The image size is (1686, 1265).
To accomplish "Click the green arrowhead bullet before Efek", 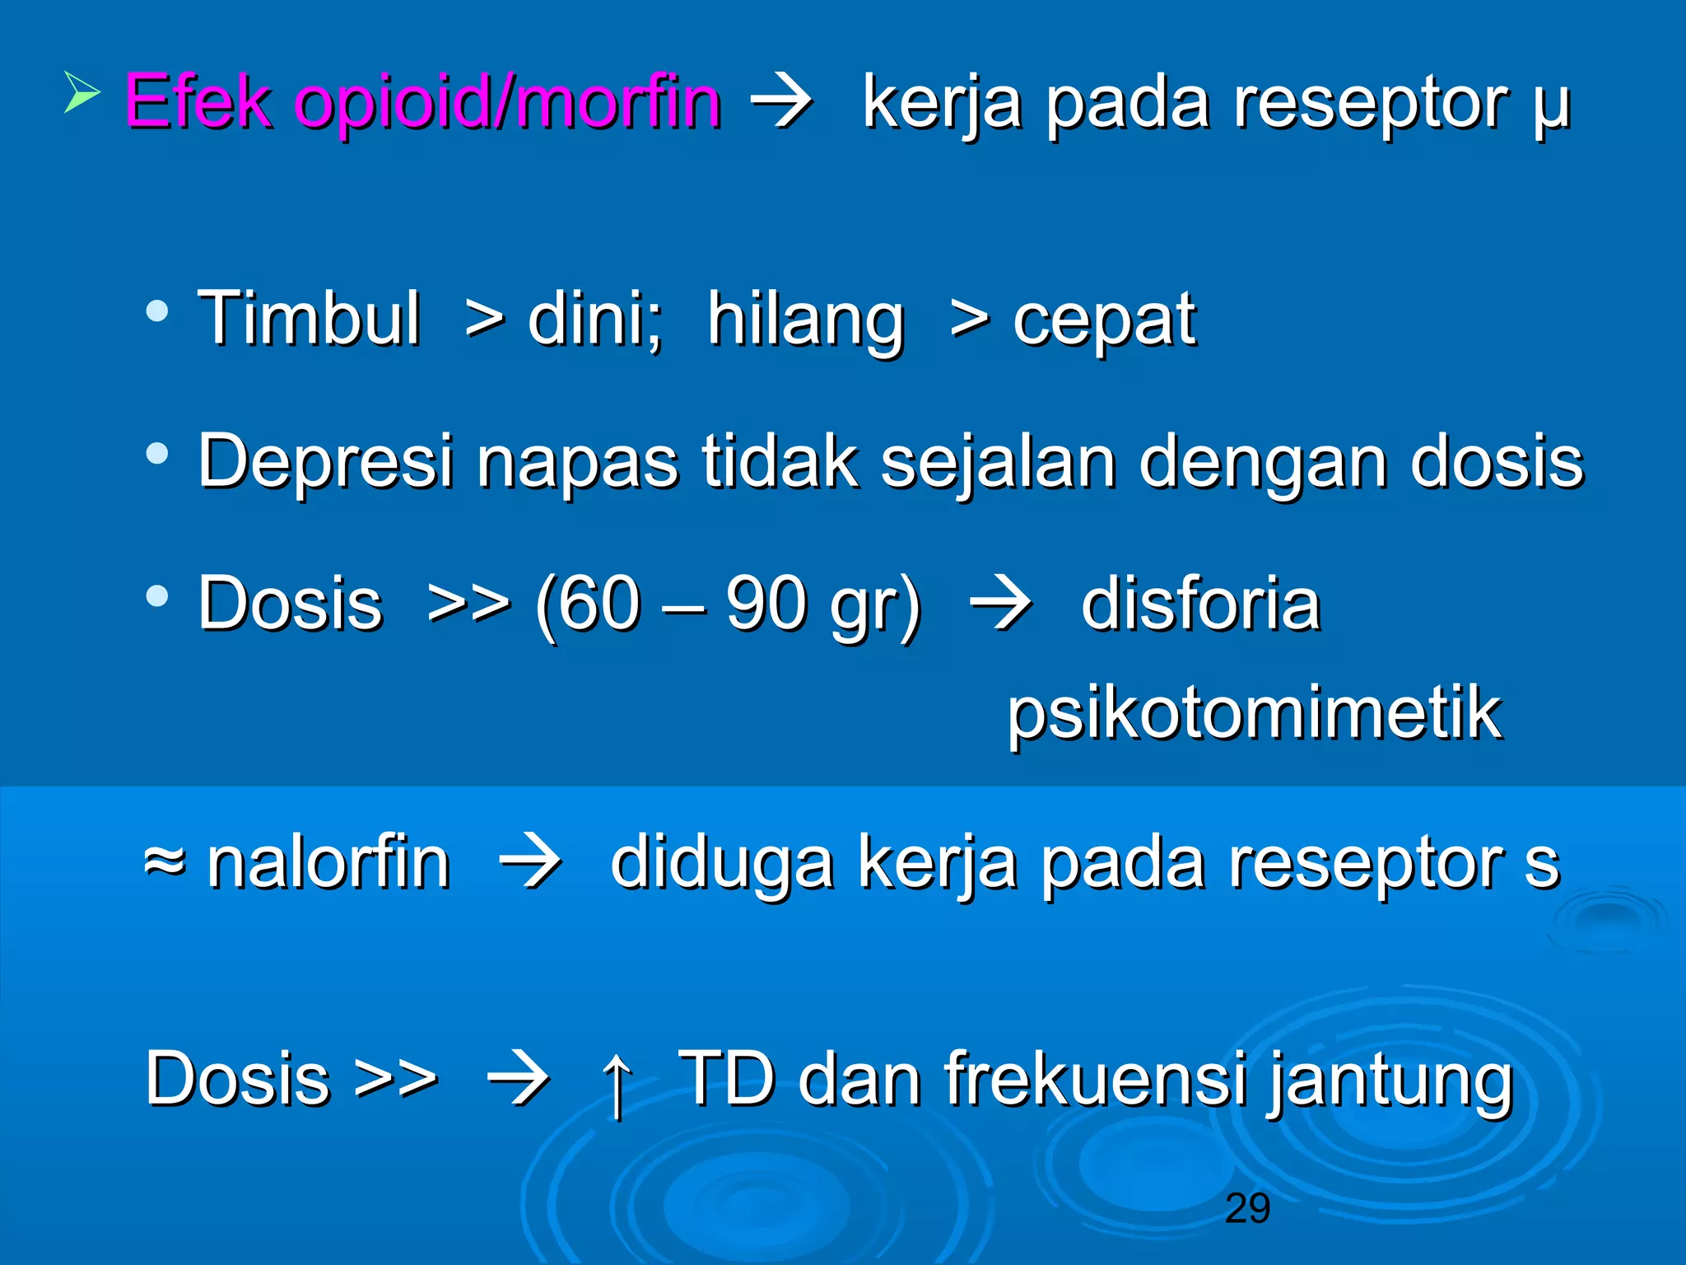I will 82,92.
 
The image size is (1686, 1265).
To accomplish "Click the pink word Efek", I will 198,102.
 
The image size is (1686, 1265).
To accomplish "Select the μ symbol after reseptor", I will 1552,107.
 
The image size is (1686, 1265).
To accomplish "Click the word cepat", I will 1103,321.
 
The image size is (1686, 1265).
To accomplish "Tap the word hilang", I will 805,321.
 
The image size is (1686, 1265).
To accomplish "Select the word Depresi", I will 326,462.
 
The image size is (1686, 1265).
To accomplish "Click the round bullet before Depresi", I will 156,453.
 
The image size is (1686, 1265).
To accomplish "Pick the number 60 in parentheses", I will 599,604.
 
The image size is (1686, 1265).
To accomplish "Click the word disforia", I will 1200,604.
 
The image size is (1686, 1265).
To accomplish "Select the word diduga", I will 721,864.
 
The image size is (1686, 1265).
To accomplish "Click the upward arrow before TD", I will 617,1082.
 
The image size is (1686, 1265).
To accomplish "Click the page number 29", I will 1247,1208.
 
